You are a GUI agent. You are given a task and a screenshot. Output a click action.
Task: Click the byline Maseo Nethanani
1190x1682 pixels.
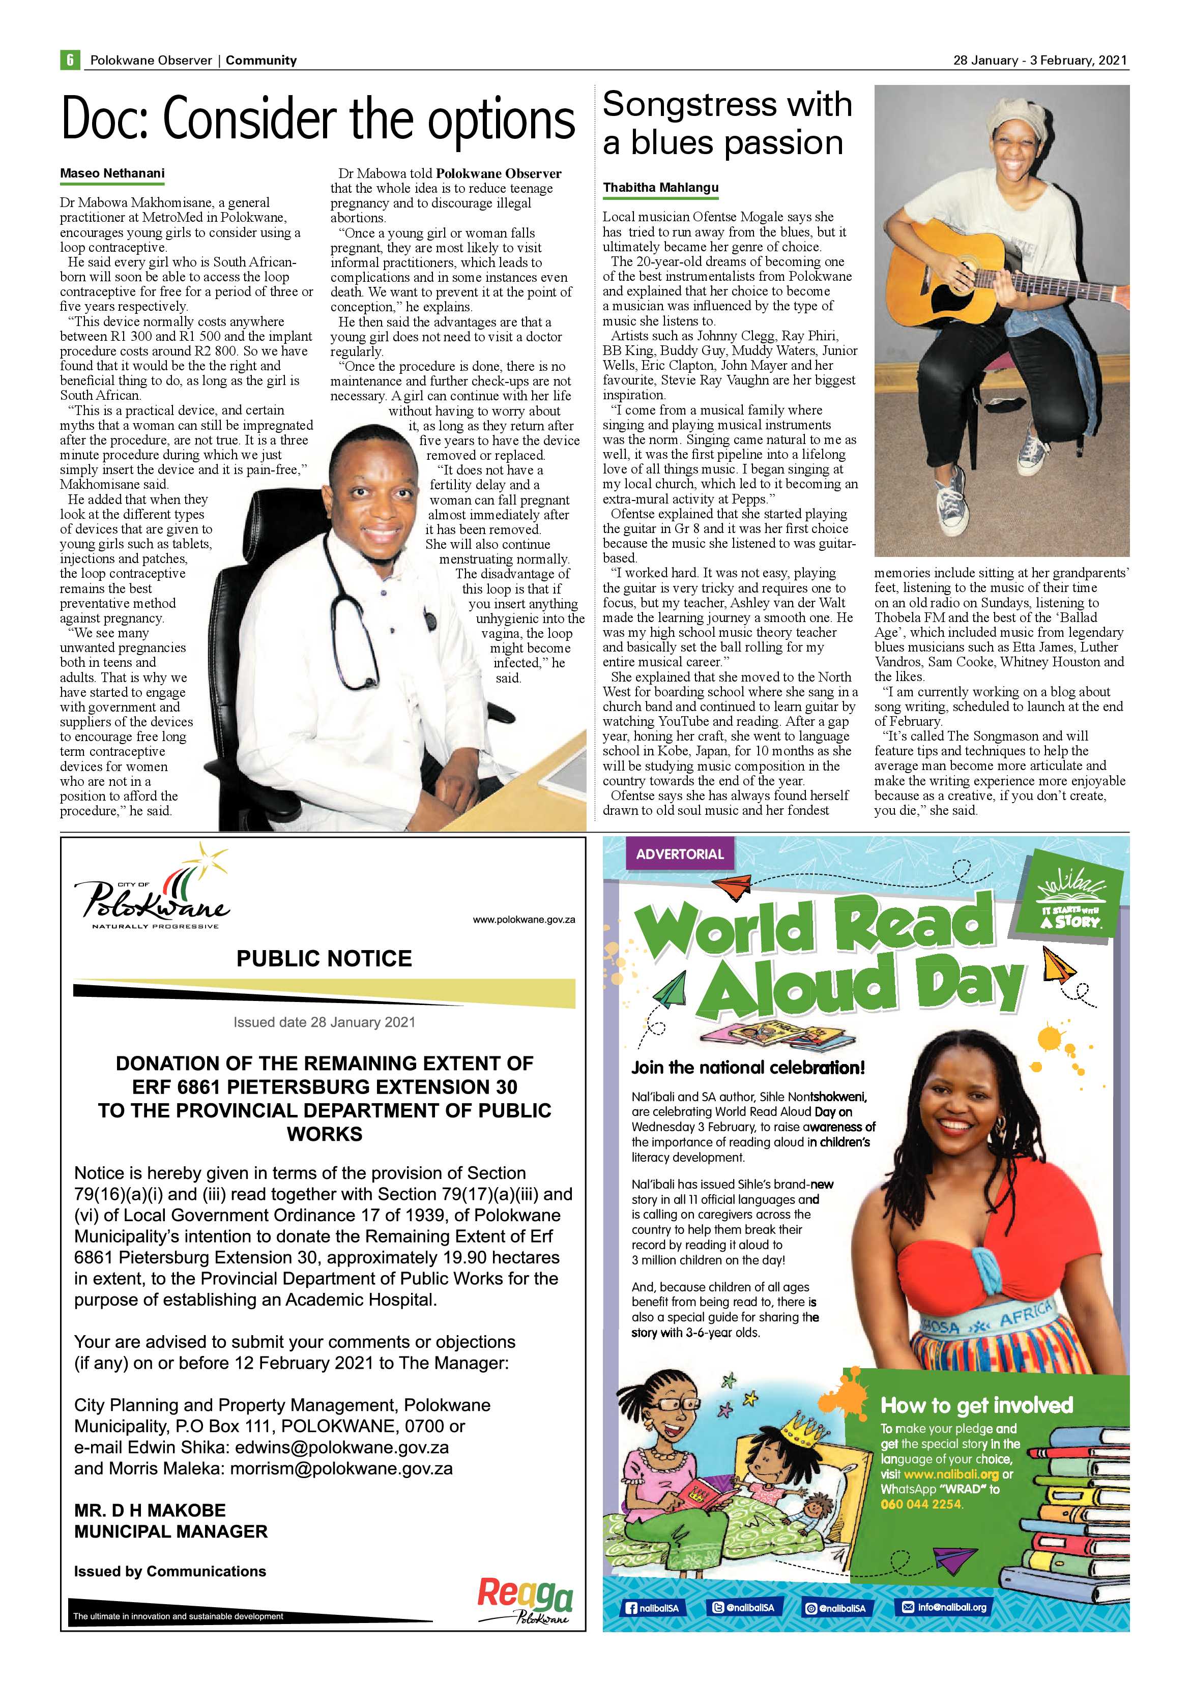pos(112,173)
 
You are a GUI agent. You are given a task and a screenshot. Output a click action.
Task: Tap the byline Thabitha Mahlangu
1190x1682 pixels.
pos(660,188)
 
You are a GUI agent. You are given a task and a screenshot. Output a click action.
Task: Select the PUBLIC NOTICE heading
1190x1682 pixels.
pos(324,958)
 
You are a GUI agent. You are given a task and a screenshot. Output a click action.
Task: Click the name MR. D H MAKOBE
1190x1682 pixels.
pos(150,1510)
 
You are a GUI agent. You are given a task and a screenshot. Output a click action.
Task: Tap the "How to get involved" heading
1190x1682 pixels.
pos(976,1405)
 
